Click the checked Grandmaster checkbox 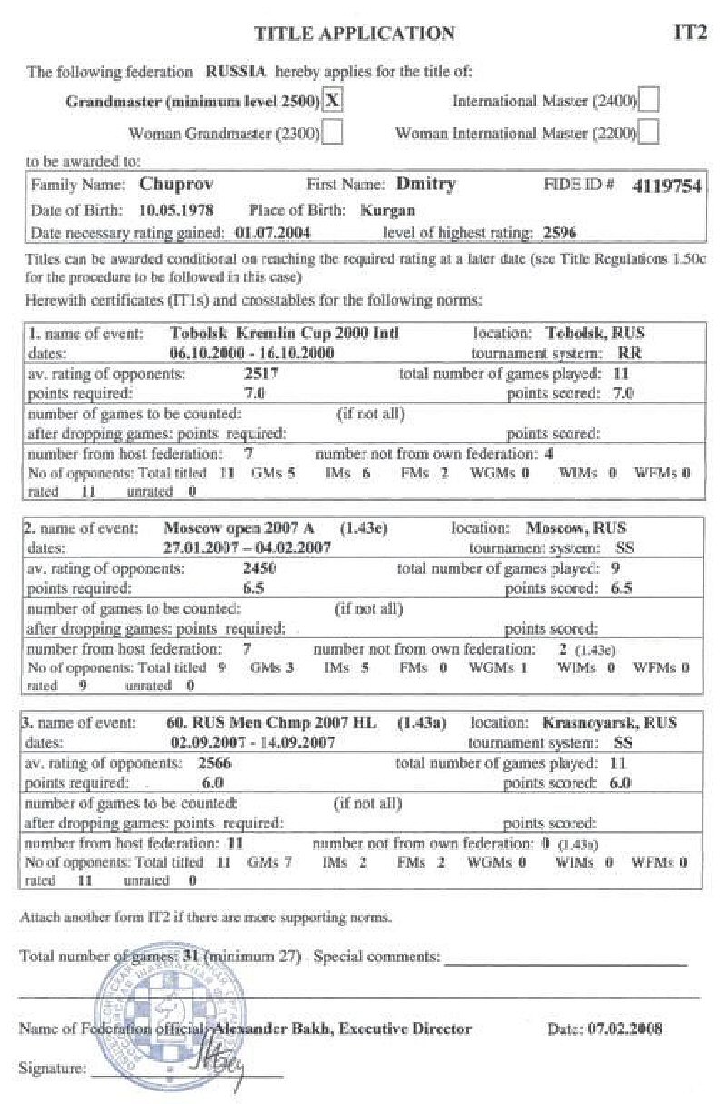tap(334, 100)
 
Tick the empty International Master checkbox tap(649, 100)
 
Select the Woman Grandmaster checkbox tap(333, 133)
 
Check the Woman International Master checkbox tap(649, 133)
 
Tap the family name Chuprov tap(170, 184)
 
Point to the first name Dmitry tap(425, 184)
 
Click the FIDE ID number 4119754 tap(669, 186)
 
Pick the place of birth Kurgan tap(387, 210)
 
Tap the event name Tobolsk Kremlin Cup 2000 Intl tap(284, 334)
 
